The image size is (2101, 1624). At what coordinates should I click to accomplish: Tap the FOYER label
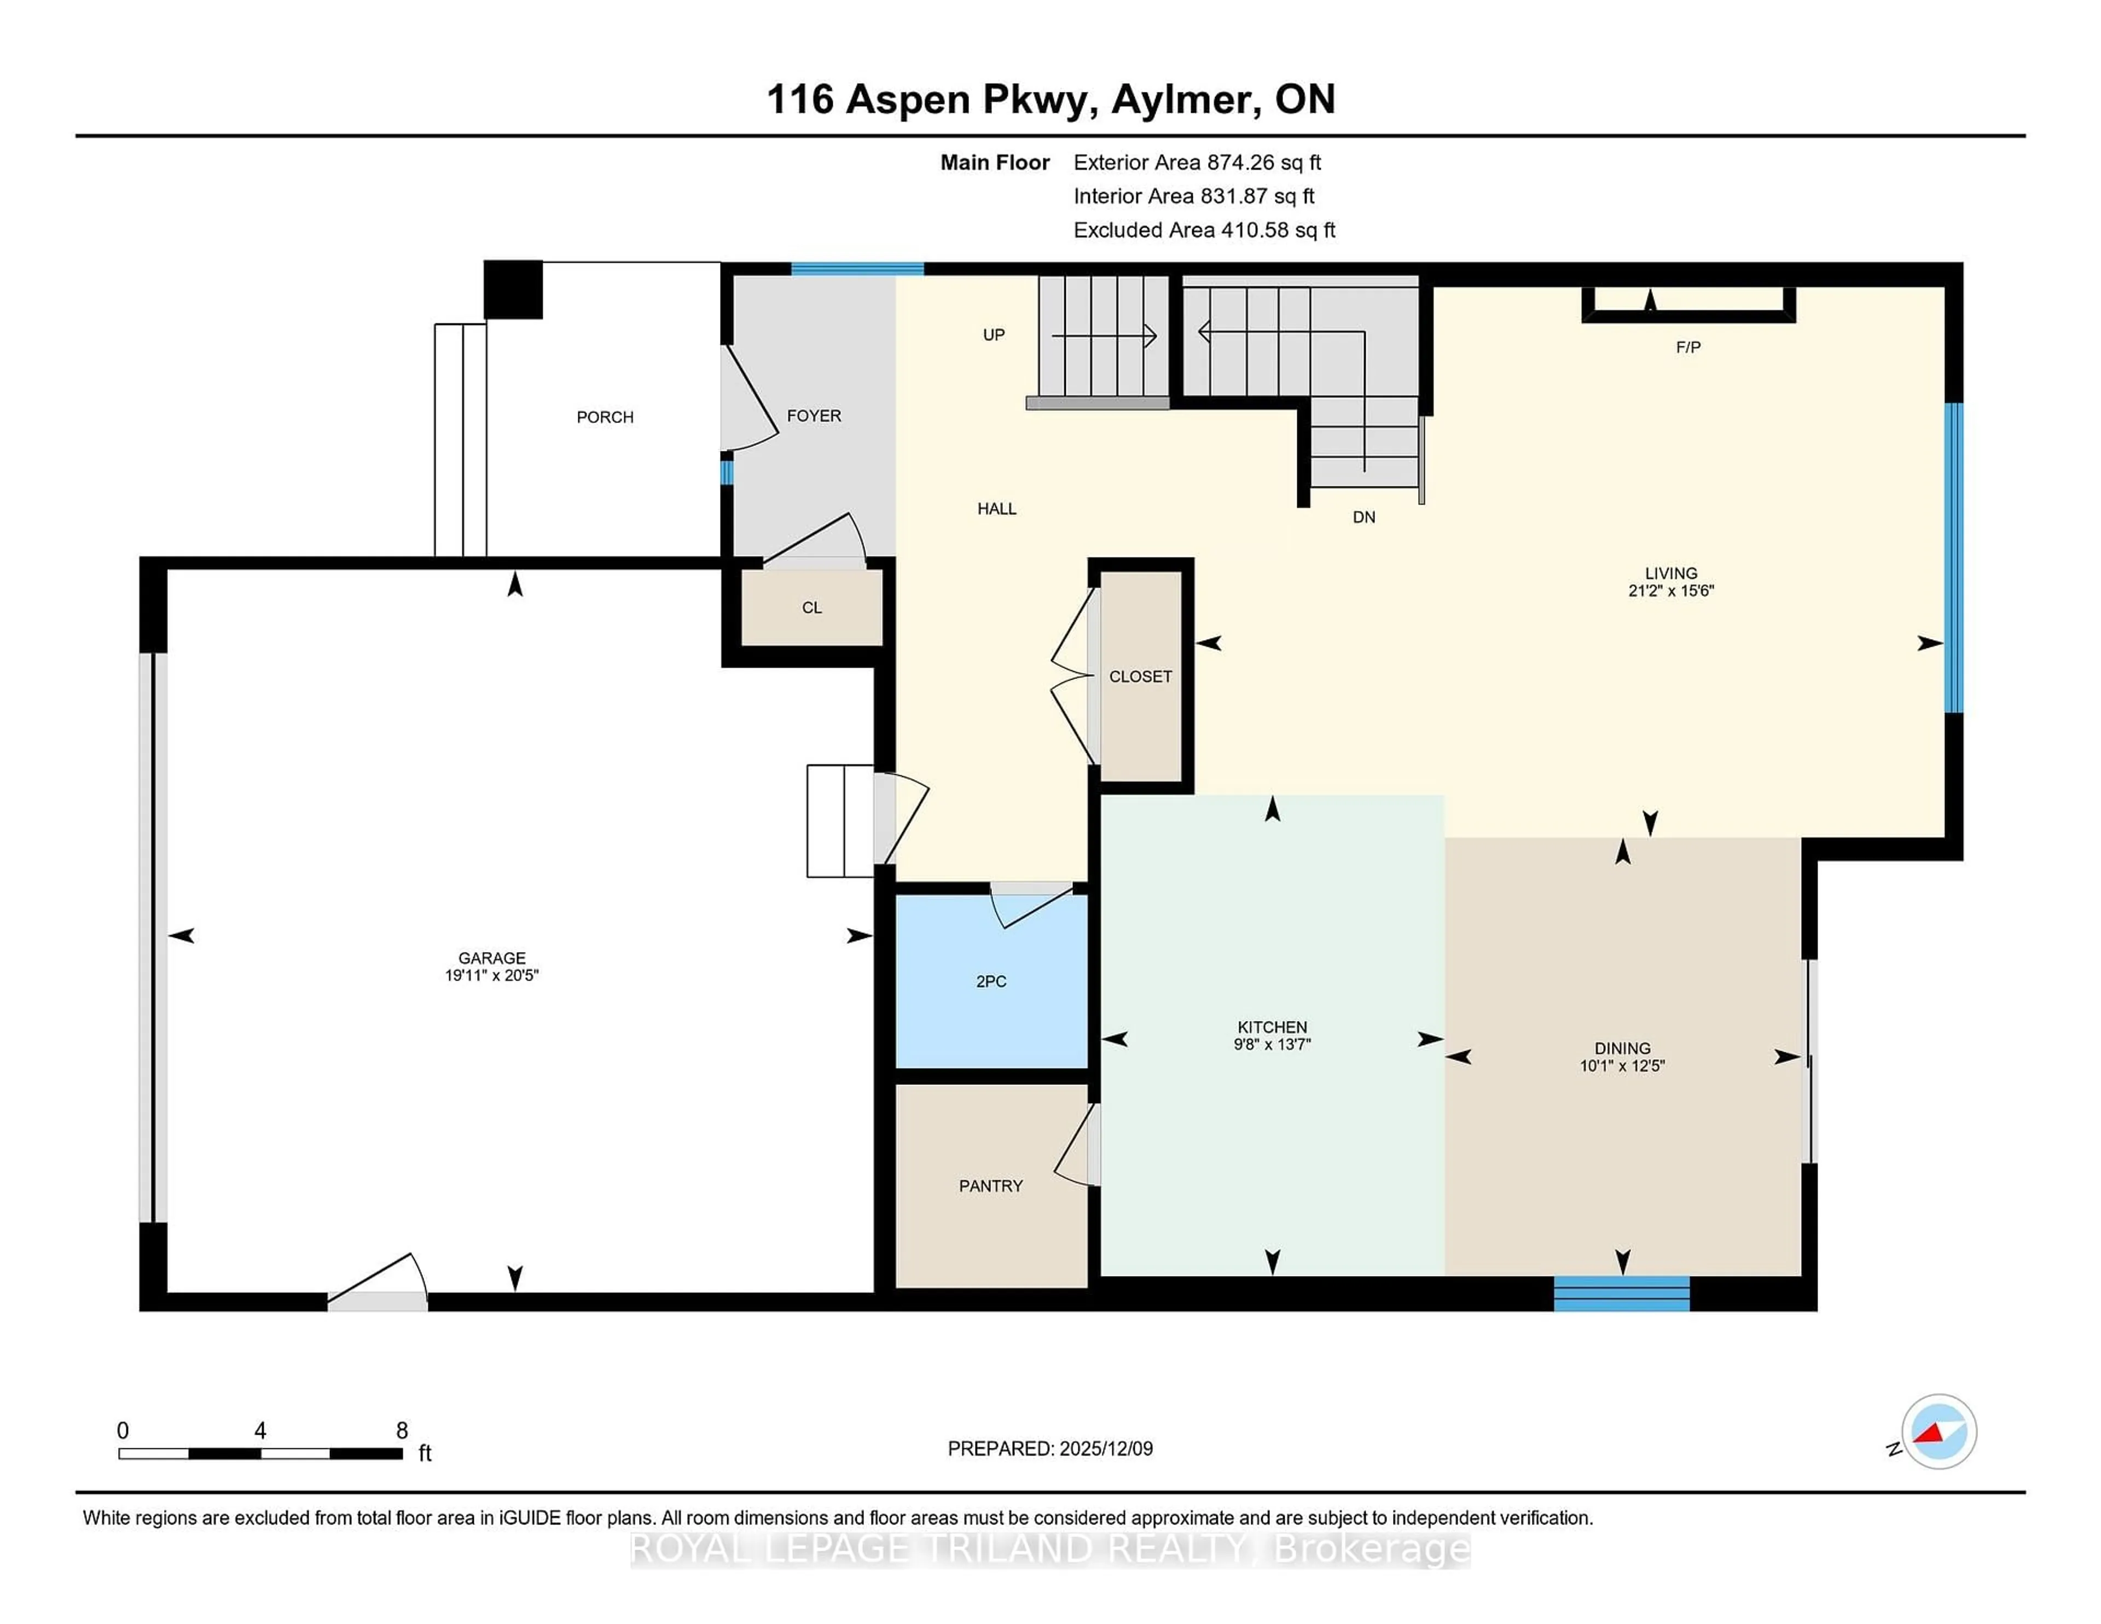(814, 416)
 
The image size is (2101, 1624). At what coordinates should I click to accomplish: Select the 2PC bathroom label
(991, 981)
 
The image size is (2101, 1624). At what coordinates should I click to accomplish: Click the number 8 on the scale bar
(402, 1431)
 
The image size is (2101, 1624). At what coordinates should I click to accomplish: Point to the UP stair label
(994, 335)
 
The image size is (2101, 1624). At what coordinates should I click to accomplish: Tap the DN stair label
(1363, 518)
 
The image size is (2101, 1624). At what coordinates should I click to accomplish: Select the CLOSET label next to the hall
(1140, 676)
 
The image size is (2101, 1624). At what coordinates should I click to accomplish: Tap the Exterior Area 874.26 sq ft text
(1197, 163)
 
